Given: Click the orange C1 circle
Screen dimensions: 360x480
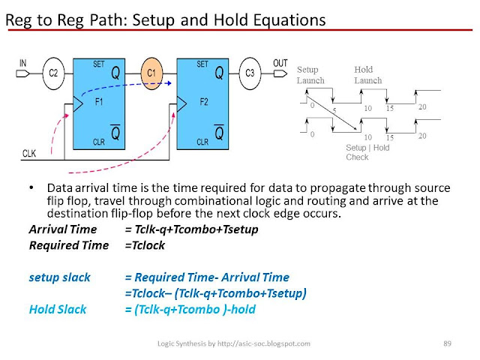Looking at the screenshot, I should point(152,73).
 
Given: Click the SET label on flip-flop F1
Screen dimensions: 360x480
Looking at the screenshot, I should point(98,64).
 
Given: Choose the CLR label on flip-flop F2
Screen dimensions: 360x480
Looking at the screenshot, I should point(201,140).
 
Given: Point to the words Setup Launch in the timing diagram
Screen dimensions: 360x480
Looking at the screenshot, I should point(310,74).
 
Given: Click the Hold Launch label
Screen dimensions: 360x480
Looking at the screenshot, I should point(367,74).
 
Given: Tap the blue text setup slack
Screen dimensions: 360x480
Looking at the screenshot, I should point(59,277).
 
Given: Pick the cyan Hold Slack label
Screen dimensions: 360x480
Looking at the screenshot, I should point(58,309).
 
